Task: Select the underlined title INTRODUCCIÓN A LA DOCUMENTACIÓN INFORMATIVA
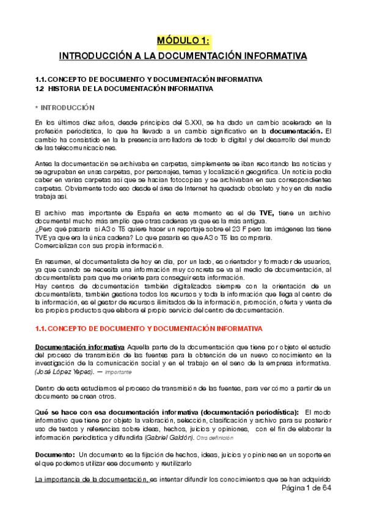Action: point(183,57)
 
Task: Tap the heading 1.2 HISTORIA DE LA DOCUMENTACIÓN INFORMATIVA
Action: point(124,89)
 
